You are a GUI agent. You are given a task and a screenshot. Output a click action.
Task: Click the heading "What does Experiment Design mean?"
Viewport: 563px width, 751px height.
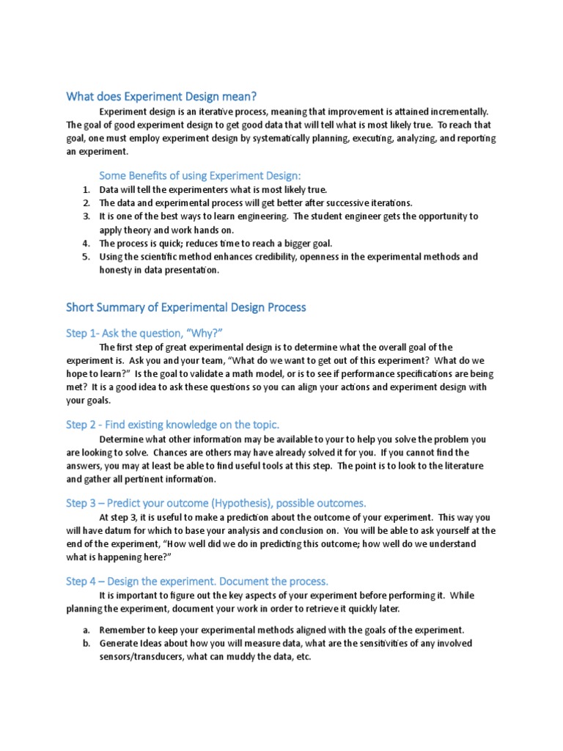point(161,96)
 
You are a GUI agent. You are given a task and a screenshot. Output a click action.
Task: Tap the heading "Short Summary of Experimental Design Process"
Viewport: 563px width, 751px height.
point(185,307)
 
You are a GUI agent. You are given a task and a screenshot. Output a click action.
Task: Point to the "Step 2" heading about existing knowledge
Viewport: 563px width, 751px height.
point(172,425)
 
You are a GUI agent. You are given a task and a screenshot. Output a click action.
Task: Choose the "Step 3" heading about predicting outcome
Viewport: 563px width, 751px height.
point(216,502)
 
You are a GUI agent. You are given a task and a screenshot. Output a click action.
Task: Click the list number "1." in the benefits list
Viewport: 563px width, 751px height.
point(85,190)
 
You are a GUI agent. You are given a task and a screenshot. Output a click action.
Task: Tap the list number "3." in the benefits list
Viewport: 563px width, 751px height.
point(85,216)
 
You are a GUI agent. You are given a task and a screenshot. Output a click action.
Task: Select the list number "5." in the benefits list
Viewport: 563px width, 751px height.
point(85,257)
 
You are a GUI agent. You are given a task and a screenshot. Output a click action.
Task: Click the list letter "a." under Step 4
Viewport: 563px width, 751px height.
point(85,630)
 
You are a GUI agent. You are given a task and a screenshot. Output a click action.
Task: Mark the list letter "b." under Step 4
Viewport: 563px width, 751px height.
point(85,643)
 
